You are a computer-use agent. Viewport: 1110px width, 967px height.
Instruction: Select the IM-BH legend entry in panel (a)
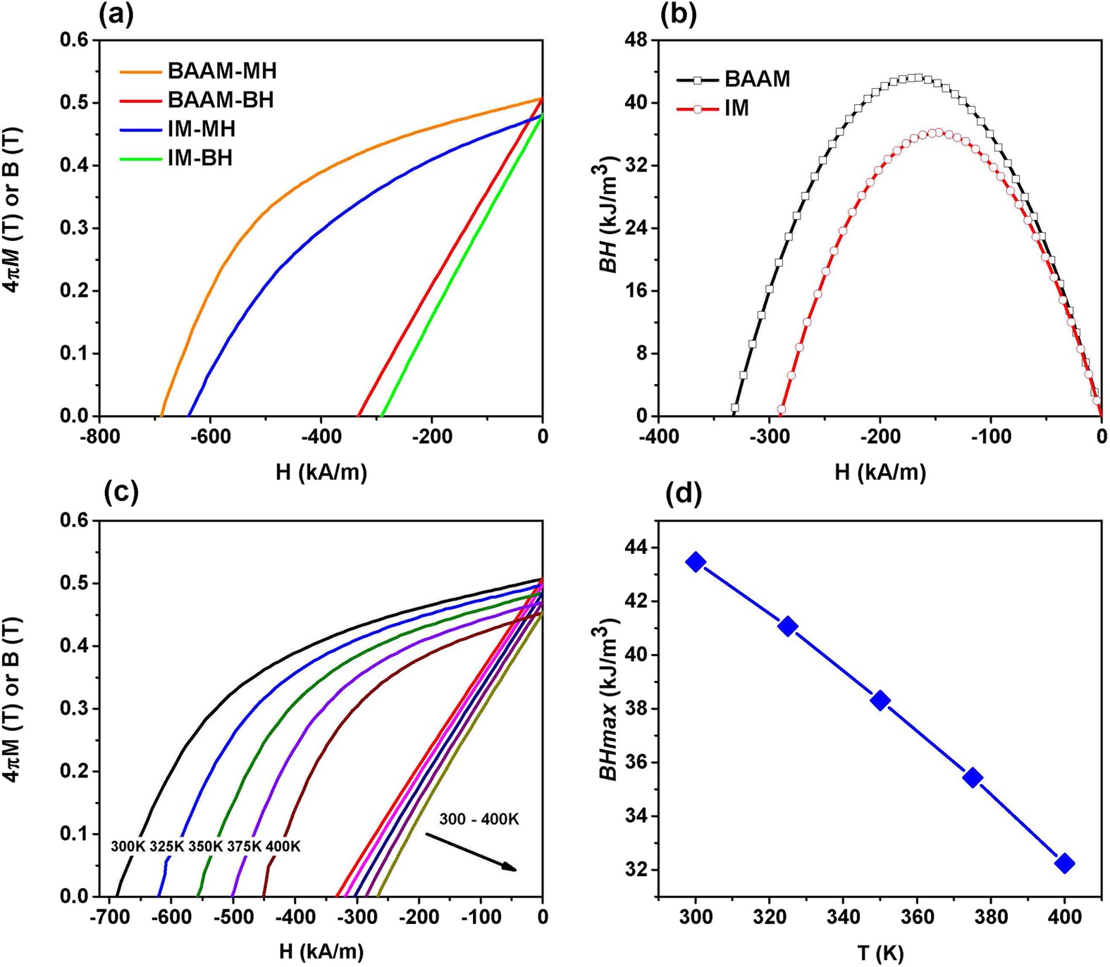199,158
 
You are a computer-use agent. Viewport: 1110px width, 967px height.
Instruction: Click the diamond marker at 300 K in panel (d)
696,562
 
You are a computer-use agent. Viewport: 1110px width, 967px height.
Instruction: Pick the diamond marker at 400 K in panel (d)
1064,863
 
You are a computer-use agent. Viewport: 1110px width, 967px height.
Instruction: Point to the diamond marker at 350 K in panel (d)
880,701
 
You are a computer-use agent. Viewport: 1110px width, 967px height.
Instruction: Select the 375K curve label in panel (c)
244,846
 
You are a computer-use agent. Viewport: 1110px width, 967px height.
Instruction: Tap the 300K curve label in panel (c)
128,846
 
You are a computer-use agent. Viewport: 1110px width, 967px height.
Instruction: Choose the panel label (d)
683,495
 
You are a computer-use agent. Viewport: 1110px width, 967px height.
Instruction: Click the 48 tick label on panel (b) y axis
636,40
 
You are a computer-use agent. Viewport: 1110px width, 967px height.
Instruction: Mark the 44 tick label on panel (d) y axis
636,548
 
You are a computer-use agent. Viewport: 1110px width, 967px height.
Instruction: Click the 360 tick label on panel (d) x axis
917,917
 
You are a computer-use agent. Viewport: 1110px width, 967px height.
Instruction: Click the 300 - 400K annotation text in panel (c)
479,819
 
